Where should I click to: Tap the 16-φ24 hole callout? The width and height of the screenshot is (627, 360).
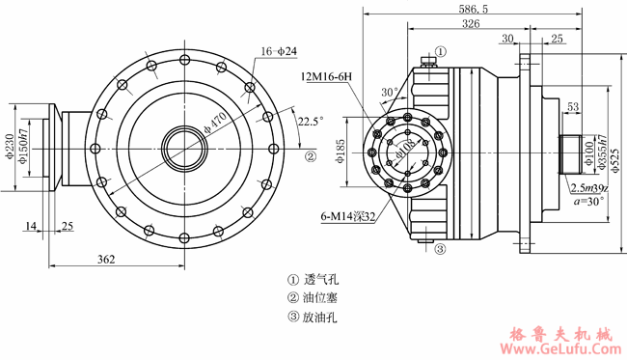pos(278,50)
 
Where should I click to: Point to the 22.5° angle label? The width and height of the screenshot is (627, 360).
pos(311,122)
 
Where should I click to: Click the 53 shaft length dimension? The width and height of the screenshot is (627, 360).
pos(573,106)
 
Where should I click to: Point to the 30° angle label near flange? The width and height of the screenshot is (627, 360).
pos(389,93)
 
